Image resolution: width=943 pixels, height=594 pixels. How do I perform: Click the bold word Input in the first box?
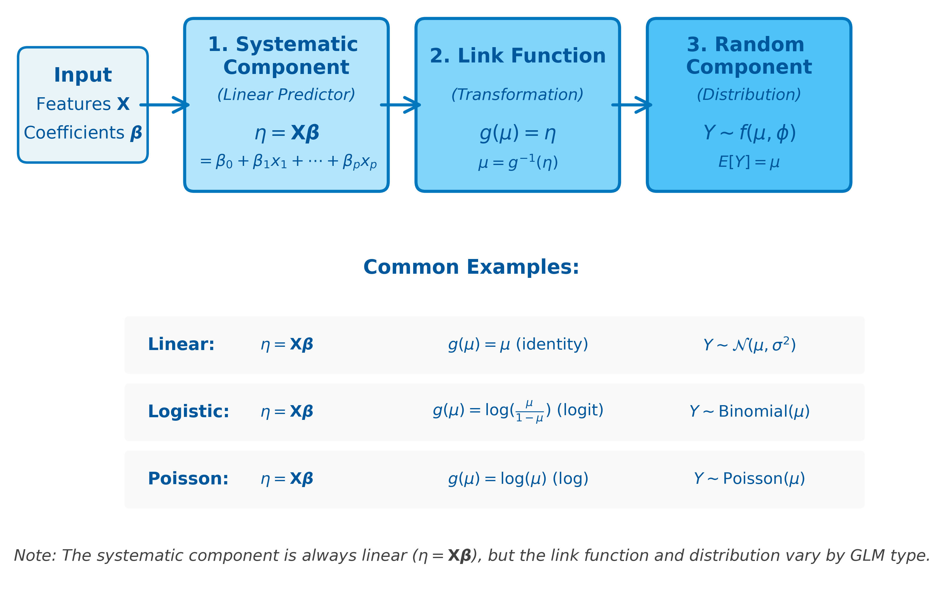coord(83,75)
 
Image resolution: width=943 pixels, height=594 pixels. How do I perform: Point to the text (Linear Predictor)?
coord(286,95)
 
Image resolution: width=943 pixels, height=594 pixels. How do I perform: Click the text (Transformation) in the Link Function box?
coord(517,95)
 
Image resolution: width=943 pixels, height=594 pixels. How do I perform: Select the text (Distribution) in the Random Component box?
coord(749,95)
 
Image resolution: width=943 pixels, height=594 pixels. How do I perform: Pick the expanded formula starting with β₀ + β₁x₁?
coord(288,161)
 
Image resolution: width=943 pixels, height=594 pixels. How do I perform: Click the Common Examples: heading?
coord(471,267)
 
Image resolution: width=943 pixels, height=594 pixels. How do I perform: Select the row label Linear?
coord(181,345)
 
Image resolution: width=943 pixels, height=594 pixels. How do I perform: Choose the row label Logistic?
coord(188,412)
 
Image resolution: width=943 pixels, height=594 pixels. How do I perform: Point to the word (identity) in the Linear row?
coord(552,344)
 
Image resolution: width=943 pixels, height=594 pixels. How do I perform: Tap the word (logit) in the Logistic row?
coord(580,410)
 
